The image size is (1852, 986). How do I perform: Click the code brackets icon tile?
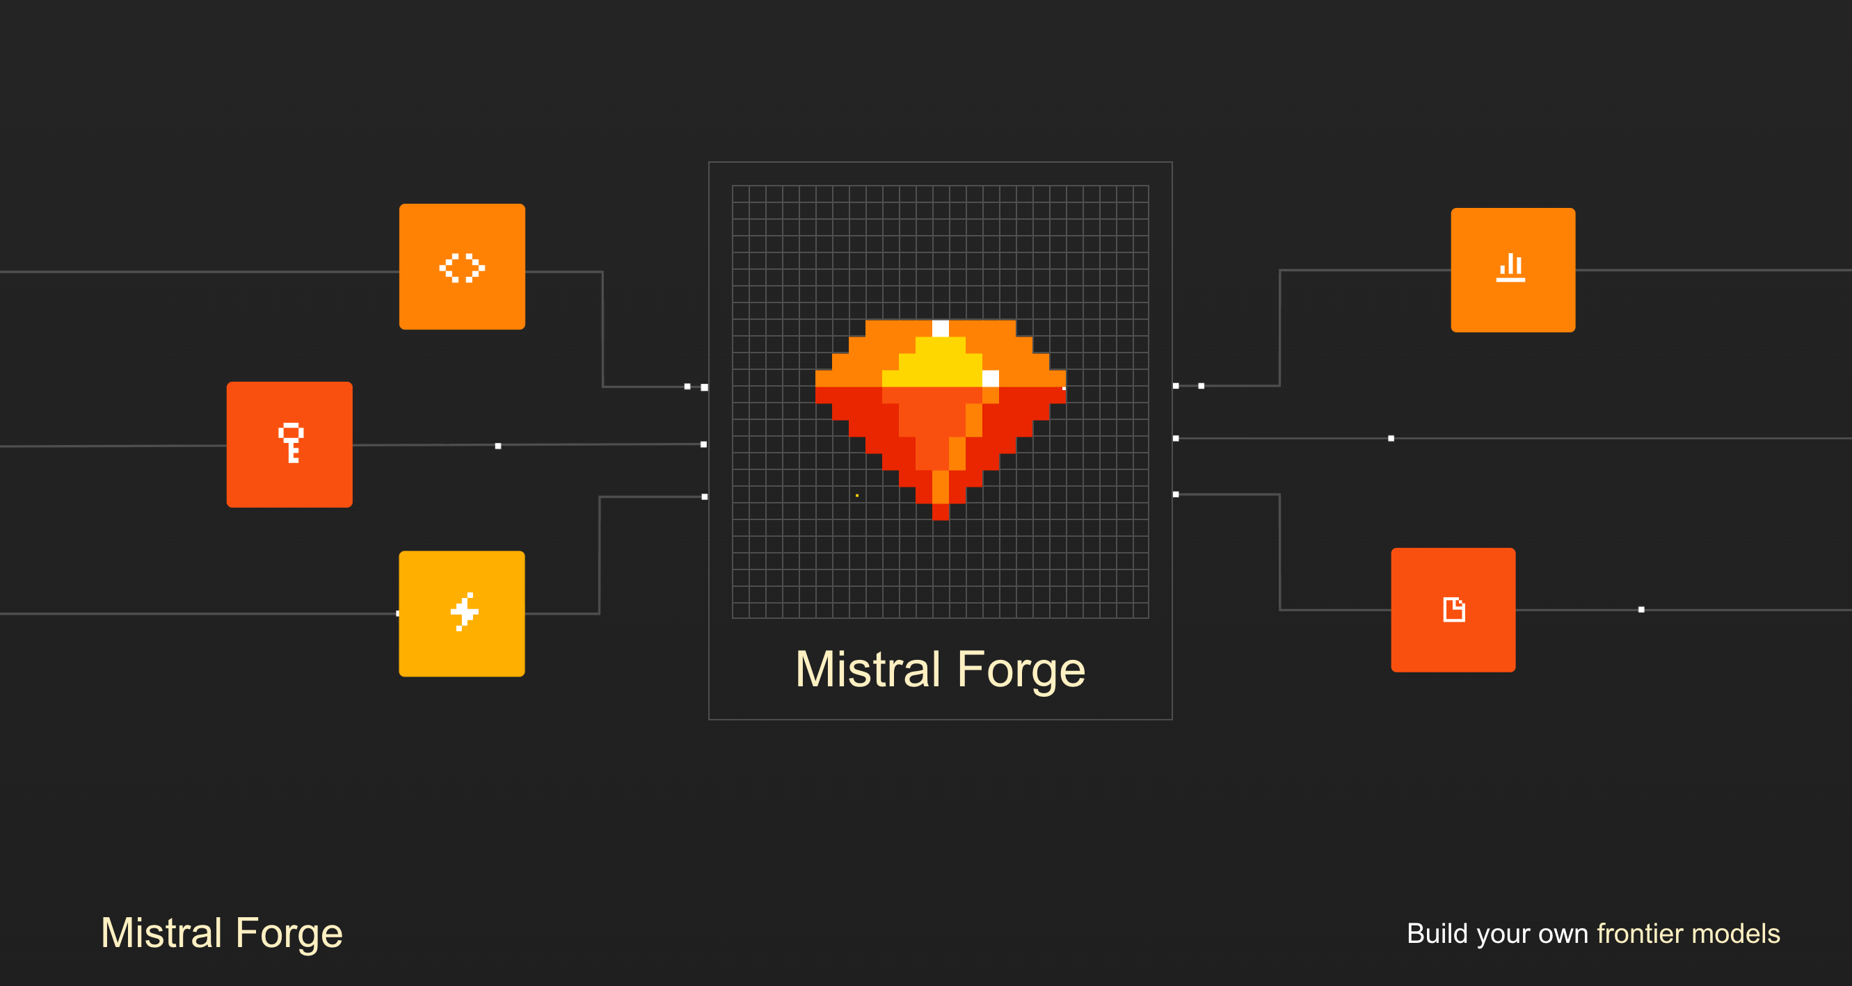tap(461, 266)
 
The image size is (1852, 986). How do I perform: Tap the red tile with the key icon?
tap(289, 444)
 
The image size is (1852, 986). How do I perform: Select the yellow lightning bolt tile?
tap(461, 613)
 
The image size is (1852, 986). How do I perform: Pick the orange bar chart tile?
tap(1512, 270)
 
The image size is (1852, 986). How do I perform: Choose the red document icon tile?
tap(1453, 609)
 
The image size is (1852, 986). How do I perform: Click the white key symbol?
tap(292, 442)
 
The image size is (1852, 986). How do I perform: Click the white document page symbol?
tap(1454, 609)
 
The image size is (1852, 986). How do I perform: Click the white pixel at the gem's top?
tap(941, 328)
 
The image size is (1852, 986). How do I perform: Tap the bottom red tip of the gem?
tap(941, 512)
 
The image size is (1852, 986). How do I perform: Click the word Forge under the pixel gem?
tap(1020, 670)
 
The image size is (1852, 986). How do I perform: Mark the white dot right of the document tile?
tap(1641, 609)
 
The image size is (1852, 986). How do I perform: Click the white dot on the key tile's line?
tap(497, 446)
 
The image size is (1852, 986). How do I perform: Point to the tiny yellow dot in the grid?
tap(857, 495)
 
